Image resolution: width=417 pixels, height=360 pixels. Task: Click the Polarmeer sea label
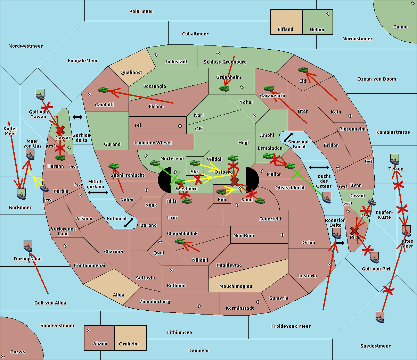141,11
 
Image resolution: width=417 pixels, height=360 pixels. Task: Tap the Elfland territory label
285,30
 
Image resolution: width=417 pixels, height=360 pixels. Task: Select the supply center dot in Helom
327,14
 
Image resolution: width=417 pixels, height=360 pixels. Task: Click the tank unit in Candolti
103,90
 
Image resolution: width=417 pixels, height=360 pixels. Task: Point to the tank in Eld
303,70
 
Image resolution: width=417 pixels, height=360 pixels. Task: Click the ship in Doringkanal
28,246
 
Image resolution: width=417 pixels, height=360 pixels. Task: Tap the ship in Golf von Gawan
40,94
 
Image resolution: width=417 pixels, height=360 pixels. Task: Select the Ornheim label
129,344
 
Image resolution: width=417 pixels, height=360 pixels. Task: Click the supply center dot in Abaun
89,330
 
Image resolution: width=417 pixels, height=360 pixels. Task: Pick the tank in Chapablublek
180,241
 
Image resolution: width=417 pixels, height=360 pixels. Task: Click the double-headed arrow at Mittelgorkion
98,192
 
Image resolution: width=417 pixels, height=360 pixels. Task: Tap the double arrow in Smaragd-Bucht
288,137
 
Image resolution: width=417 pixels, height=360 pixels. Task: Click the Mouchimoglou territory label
236,286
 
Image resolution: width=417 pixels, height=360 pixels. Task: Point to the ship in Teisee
394,159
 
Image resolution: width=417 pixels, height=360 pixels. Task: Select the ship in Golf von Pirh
374,258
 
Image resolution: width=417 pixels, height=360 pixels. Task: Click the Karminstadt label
240,308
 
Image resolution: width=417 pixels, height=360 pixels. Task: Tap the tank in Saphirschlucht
113,167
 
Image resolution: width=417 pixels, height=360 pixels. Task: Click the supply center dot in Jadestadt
156,55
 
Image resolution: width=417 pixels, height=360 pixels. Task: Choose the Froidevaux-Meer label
291,326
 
